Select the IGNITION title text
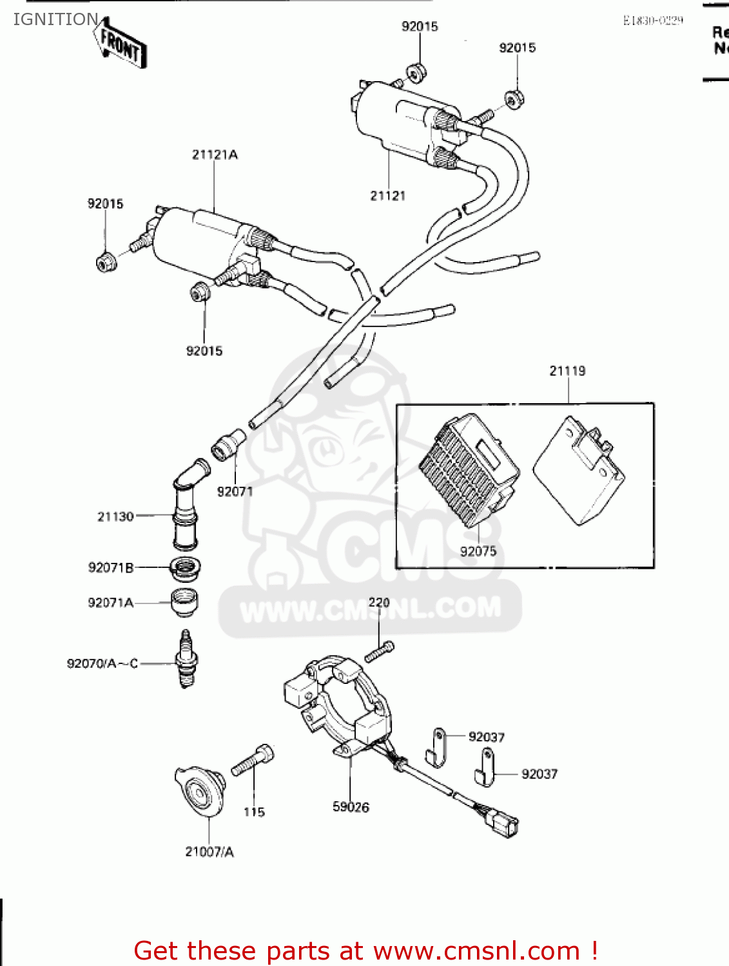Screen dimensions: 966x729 coord(55,19)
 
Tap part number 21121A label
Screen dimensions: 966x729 coord(215,155)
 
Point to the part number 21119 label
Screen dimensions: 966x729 coord(567,371)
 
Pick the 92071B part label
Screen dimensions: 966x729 coord(111,567)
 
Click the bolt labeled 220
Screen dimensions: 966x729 coord(378,651)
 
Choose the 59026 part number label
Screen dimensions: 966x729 coord(351,807)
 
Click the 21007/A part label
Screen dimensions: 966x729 coord(209,852)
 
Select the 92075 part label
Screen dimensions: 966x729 coord(478,551)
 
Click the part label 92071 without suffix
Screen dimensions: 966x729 coord(235,491)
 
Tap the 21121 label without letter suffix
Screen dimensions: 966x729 coord(387,196)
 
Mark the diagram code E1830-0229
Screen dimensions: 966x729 coord(652,21)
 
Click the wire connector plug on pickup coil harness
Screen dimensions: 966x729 coord(502,822)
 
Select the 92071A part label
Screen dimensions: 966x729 coord(111,603)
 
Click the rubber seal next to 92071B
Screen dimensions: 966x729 coord(185,568)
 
